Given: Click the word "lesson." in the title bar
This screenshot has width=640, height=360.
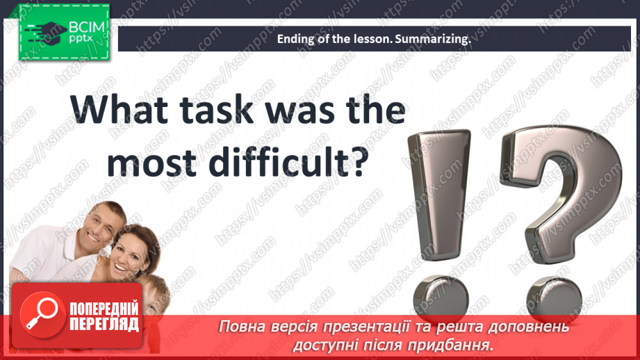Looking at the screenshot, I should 369,40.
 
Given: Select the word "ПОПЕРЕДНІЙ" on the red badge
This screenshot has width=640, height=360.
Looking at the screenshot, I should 104,309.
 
